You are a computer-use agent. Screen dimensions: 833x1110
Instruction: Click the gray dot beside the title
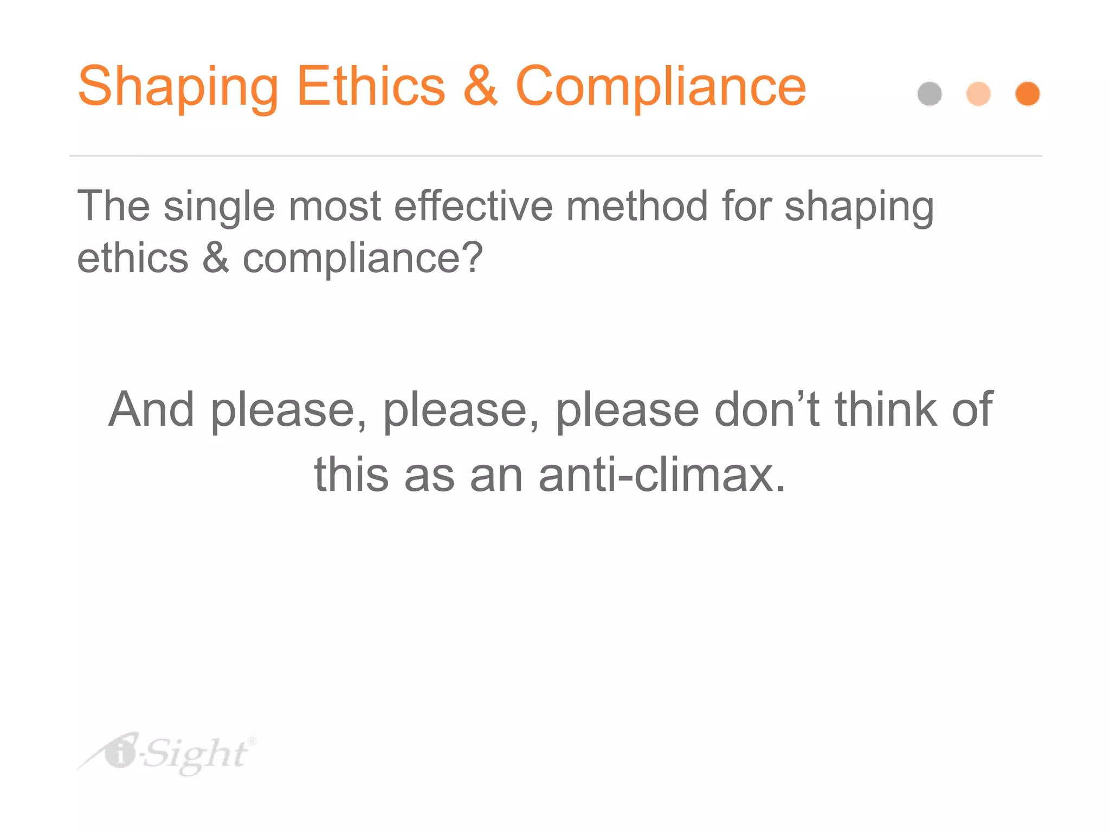click(930, 94)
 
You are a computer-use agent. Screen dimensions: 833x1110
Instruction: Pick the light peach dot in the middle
click(978, 94)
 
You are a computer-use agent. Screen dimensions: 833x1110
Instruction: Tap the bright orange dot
click(1027, 94)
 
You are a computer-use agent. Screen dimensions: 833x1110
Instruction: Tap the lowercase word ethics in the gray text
click(132, 258)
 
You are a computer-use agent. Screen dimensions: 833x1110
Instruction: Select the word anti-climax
click(662, 475)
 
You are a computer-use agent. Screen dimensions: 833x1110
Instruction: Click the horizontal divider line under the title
click(555, 156)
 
